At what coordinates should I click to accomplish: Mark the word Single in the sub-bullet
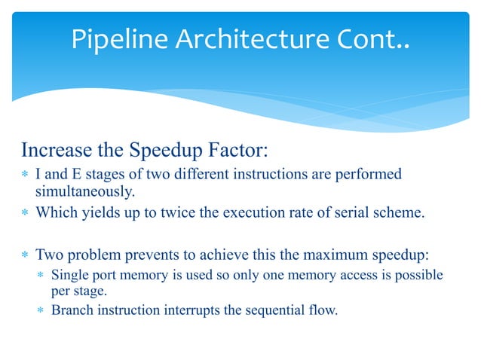pyautogui.click(x=69, y=275)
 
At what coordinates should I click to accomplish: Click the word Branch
pyautogui.click(x=71, y=308)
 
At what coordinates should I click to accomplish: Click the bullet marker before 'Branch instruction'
pyautogui.click(x=42, y=309)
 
